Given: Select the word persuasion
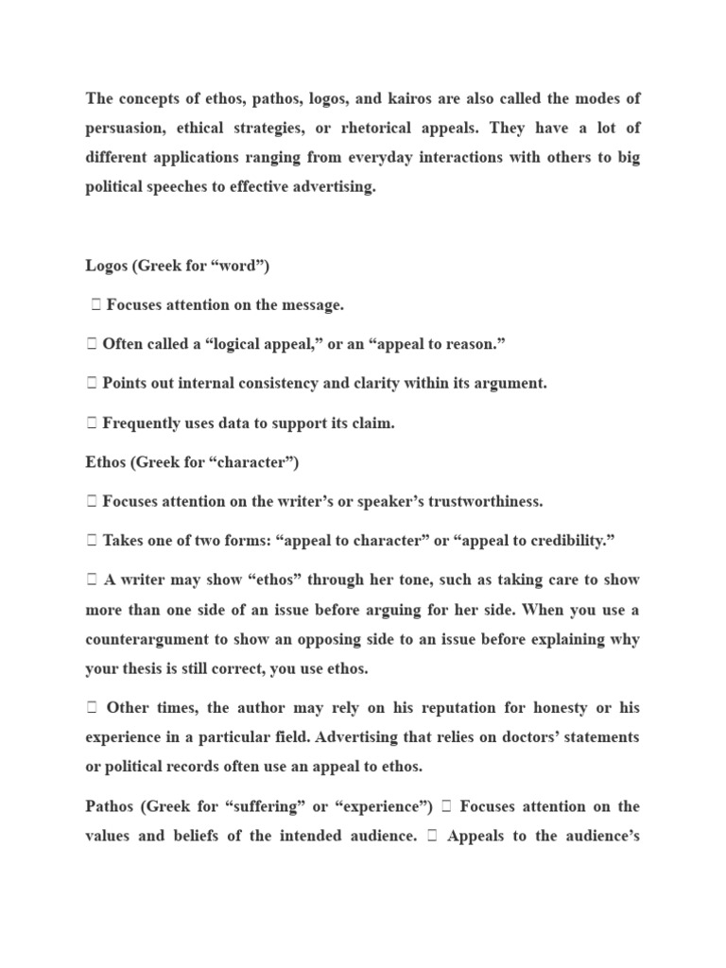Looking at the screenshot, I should (x=127, y=128).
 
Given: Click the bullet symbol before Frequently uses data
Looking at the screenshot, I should (x=92, y=423).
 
